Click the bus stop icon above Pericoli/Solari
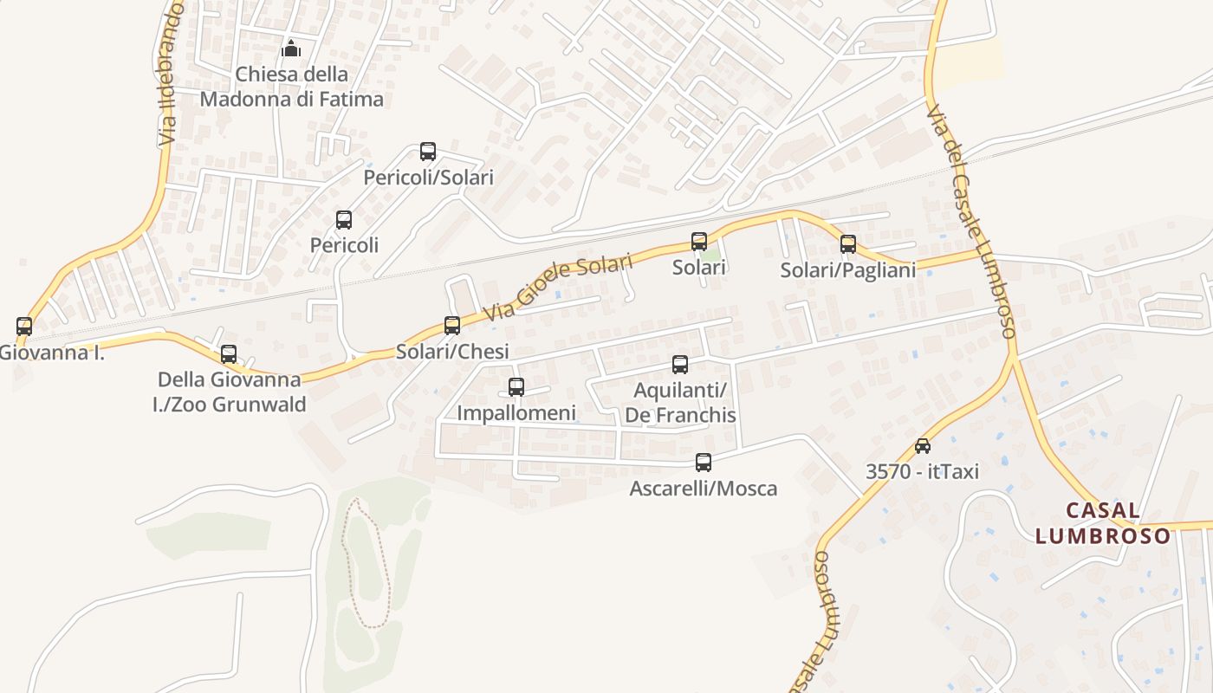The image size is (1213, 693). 428,152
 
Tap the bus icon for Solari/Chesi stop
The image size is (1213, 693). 452,326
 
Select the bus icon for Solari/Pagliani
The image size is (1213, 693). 848,244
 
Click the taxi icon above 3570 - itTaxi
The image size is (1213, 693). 923,446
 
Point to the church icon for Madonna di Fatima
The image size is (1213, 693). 291,49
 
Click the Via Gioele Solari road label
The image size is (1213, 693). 560,287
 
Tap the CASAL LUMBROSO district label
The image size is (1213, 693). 1102,523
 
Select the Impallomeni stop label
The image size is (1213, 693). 516,413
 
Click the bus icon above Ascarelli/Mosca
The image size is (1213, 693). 704,463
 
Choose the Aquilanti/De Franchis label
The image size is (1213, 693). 680,403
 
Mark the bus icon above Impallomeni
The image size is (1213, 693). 516,387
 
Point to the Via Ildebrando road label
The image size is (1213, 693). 170,74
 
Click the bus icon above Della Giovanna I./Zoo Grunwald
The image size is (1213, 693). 229,354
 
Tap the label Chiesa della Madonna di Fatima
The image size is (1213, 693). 291,87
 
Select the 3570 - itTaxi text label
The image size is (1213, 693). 922,471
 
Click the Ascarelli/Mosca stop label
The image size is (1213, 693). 704,489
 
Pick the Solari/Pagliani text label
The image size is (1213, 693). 848,270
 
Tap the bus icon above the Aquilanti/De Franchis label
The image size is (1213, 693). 680,365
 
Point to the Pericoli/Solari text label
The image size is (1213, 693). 429,178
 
